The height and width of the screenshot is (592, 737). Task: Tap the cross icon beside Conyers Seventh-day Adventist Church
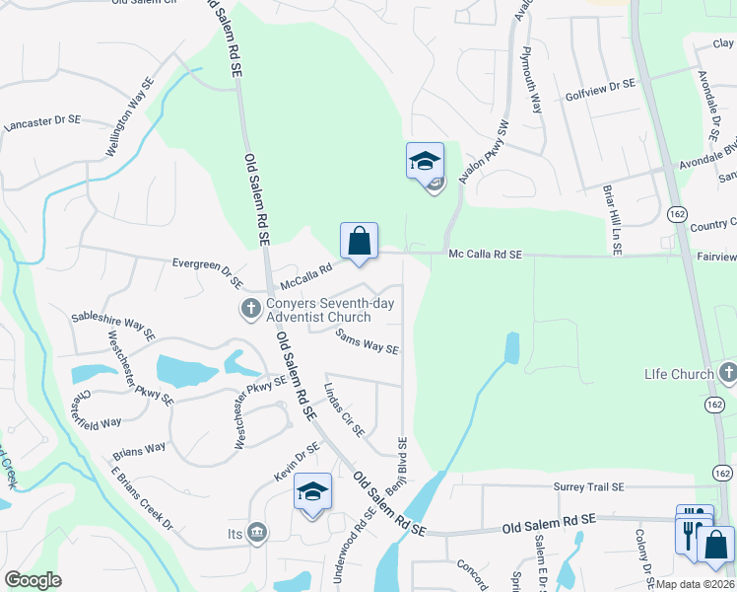tap(251, 310)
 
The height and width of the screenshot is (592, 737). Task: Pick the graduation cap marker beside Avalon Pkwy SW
tap(425, 161)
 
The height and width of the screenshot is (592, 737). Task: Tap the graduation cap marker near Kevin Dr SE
tap(312, 492)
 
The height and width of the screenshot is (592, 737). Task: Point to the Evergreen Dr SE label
tap(207, 273)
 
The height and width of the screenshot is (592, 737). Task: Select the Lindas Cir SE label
tap(344, 410)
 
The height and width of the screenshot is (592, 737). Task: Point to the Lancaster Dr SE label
tap(42, 123)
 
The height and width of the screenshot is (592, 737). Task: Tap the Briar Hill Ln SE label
tap(614, 219)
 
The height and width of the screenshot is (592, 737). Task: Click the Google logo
tap(33, 579)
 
